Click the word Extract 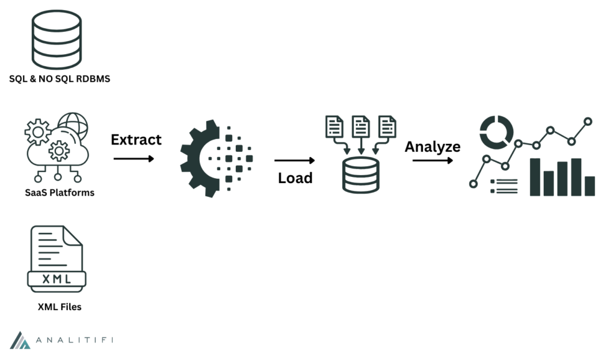coord(136,140)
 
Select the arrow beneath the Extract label coord(134,158)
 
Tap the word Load coord(295,178)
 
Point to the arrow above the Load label coord(295,161)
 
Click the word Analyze coord(432,146)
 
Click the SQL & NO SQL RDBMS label coord(60,79)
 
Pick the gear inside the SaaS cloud coord(59,150)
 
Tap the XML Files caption coord(60,307)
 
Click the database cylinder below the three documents coord(361,175)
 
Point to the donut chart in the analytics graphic coord(496,131)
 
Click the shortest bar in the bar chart coord(590,185)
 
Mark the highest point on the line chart coord(588,122)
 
